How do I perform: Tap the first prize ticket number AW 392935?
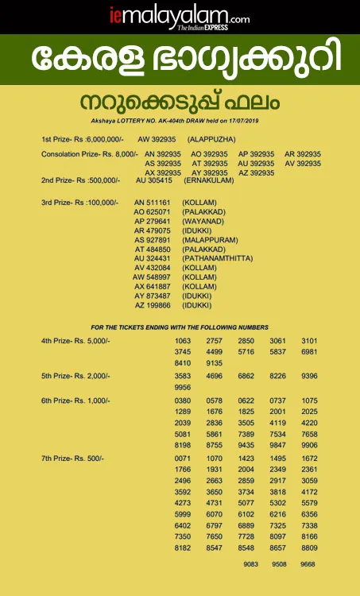pyautogui.click(x=156, y=138)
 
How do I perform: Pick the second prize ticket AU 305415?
pyautogui.click(x=156, y=181)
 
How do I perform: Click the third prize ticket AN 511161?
pyautogui.click(x=153, y=203)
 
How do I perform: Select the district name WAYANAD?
pyautogui.click(x=203, y=223)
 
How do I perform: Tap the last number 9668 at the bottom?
pyautogui.click(x=308, y=565)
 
